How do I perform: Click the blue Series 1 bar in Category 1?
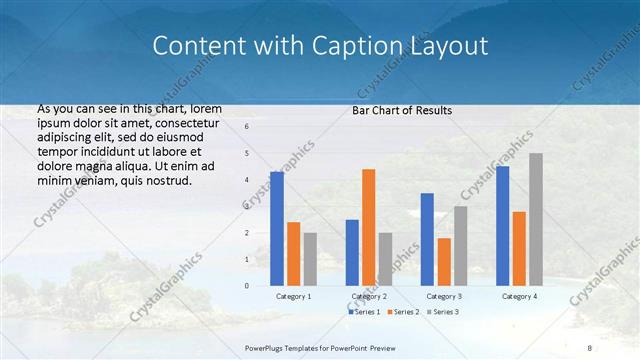point(277,229)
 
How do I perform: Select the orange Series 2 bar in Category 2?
point(369,227)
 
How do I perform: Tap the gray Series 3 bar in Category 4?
point(536,219)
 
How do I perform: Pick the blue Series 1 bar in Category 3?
point(427,239)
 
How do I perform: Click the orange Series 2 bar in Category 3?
point(444,261)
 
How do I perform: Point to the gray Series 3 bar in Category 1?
point(310,259)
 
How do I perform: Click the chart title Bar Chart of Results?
point(402,110)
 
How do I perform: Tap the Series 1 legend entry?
point(364,312)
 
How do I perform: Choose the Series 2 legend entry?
point(404,312)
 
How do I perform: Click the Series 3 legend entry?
point(443,312)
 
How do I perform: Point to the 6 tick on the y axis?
point(246,127)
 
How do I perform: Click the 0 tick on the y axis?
point(246,285)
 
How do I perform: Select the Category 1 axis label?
point(293,296)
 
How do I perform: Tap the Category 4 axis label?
point(519,296)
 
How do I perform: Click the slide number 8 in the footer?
point(590,347)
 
